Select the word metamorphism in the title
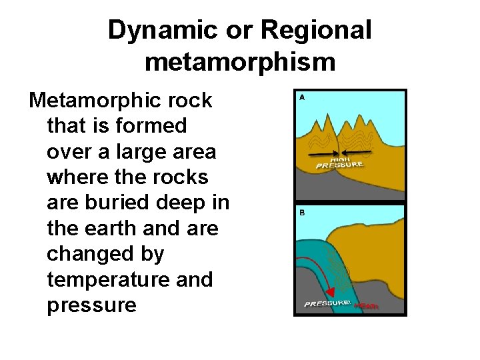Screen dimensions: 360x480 coord(239,61)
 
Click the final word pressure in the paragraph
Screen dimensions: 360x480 coord(91,305)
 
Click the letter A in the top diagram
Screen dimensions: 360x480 coord(301,97)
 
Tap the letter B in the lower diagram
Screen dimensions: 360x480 coord(301,213)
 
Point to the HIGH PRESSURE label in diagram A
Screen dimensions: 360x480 coord(339,163)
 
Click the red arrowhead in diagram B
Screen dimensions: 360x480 coord(331,291)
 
